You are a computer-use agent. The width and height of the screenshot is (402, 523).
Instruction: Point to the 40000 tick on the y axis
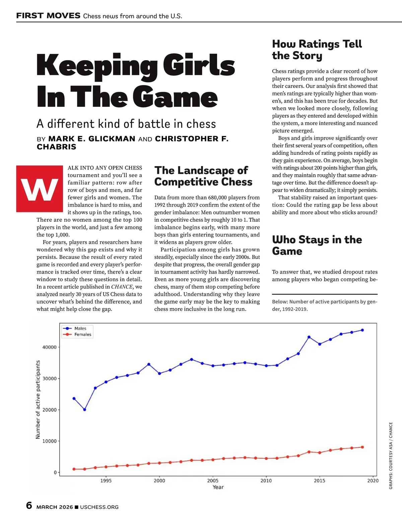point(49,347)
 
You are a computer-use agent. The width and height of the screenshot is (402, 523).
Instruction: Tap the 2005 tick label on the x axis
point(213,481)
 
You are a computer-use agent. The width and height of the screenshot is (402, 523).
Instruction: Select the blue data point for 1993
point(85,410)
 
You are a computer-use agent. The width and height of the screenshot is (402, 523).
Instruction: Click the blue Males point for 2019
point(362,330)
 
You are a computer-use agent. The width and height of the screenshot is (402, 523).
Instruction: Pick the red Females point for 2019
point(362,447)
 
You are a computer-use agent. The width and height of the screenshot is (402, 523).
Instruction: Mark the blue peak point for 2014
point(309,337)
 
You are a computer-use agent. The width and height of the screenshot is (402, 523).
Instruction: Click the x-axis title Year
point(218,487)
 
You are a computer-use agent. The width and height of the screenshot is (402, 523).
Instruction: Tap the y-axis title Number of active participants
point(38,400)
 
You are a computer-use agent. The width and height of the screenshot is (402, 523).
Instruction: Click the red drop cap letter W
point(40,189)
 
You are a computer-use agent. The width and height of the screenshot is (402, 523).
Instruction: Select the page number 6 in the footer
point(29,505)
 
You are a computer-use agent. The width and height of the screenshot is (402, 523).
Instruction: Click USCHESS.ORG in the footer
point(99,507)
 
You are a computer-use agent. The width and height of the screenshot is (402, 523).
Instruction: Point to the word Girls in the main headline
point(199,66)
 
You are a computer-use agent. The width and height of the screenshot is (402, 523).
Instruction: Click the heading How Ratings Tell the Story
point(317,49)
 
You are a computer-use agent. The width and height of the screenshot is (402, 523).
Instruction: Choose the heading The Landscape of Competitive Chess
point(203,176)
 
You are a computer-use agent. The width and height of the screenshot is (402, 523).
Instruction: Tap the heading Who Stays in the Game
point(317,245)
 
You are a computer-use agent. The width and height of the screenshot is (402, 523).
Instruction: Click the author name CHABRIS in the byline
point(56,147)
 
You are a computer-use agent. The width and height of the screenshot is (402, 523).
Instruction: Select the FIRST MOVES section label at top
point(48,16)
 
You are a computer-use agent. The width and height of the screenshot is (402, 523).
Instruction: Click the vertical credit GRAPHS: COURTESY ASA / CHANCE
point(391,456)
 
